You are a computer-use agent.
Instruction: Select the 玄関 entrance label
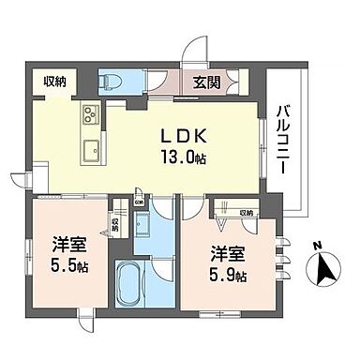[207, 83]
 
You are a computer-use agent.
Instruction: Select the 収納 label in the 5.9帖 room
[247, 213]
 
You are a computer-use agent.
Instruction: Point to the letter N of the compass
[318, 246]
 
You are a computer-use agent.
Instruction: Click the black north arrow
[327, 273]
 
